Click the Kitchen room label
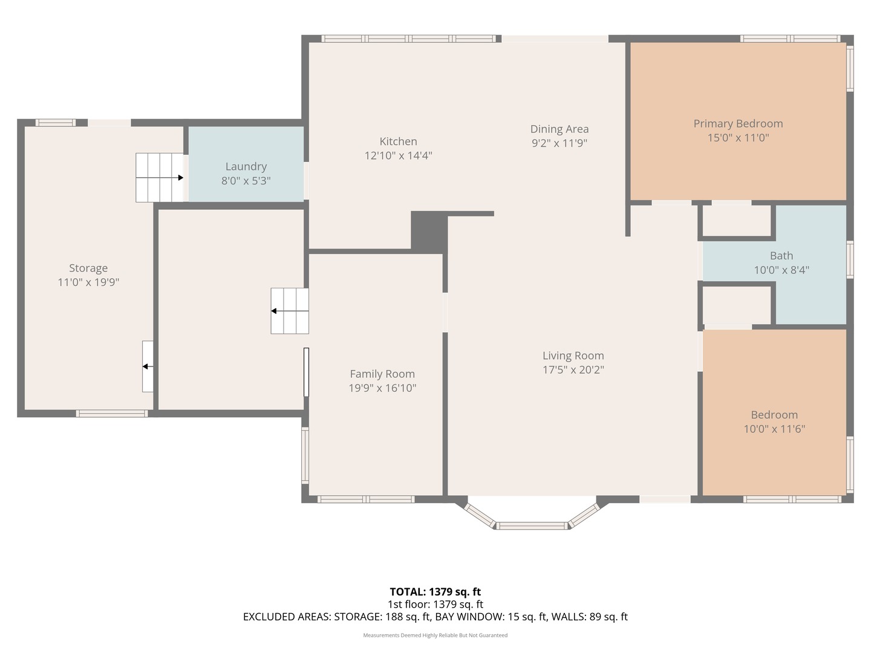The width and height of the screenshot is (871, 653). click(x=398, y=141)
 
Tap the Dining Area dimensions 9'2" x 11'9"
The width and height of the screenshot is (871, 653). click(x=559, y=143)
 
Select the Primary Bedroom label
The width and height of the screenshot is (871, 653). click(x=738, y=124)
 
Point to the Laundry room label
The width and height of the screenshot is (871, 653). click(x=246, y=166)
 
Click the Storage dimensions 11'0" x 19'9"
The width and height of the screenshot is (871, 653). click(x=88, y=282)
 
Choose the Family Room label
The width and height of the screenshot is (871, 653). click(x=382, y=374)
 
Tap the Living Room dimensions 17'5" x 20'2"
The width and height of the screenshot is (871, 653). click(x=573, y=369)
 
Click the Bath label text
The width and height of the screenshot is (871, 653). click(x=781, y=256)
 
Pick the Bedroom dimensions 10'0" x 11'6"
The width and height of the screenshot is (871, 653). click(x=774, y=429)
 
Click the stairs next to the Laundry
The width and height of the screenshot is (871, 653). click(x=160, y=178)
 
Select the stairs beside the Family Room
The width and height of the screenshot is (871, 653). click(x=290, y=311)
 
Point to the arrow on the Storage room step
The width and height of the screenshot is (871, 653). click(x=148, y=366)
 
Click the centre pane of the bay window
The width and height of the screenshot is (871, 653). click(x=532, y=526)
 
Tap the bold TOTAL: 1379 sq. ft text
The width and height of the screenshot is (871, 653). click(x=435, y=591)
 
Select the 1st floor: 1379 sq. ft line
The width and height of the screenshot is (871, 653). click(x=435, y=604)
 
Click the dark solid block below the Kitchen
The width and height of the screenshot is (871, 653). click(x=429, y=232)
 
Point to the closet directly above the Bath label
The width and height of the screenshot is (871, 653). click(x=737, y=221)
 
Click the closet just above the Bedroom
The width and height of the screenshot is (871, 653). click(x=737, y=305)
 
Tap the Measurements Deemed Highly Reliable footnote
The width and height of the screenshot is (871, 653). click(x=435, y=635)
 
